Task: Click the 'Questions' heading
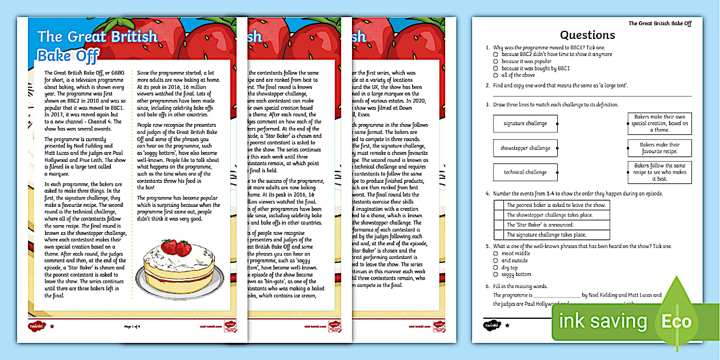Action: (587, 35)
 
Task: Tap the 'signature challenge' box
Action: (525, 123)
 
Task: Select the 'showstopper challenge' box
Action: (525, 148)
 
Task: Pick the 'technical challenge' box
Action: (525, 172)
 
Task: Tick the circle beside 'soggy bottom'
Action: (496, 274)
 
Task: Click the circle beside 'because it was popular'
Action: (496, 61)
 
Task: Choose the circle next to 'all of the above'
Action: (496, 75)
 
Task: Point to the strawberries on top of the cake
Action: (176, 247)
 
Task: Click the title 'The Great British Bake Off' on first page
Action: (97, 45)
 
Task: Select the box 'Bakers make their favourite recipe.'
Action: (659, 148)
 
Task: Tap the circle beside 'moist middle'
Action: (496, 253)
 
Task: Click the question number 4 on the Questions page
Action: (487, 194)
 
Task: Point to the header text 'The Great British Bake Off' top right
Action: (659, 23)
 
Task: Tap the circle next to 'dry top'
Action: (496, 267)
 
